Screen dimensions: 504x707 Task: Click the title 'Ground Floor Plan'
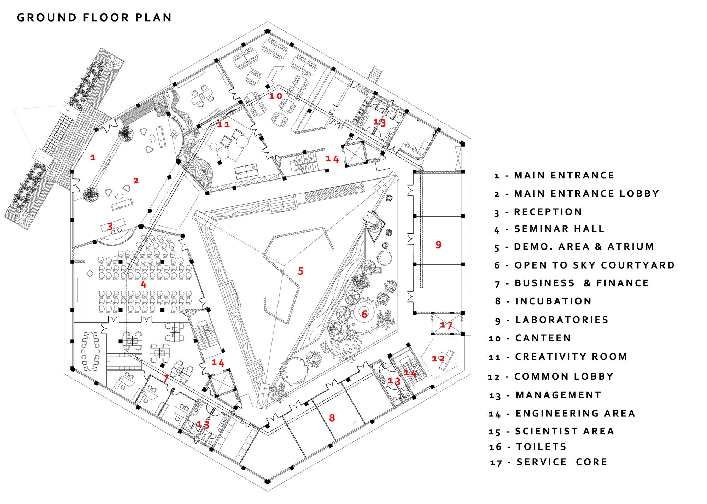tap(94, 18)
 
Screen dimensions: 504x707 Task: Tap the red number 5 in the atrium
tap(300, 271)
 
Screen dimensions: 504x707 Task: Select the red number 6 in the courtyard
tap(364, 313)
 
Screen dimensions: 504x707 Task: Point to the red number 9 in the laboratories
tap(438, 245)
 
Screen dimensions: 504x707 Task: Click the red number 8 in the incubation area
tap(332, 418)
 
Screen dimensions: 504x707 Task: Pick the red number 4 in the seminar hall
tap(144, 285)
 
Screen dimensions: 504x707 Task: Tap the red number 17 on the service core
tap(446, 325)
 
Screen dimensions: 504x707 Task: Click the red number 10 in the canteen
tap(276, 96)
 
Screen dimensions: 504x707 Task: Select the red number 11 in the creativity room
tap(223, 124)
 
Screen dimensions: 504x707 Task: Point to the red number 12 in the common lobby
tap(438, 358)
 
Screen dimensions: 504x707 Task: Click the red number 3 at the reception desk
tap(110, 226)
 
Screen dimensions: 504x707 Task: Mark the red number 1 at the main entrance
tap(93, 157)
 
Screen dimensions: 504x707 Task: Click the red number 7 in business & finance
tap(166, 378)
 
